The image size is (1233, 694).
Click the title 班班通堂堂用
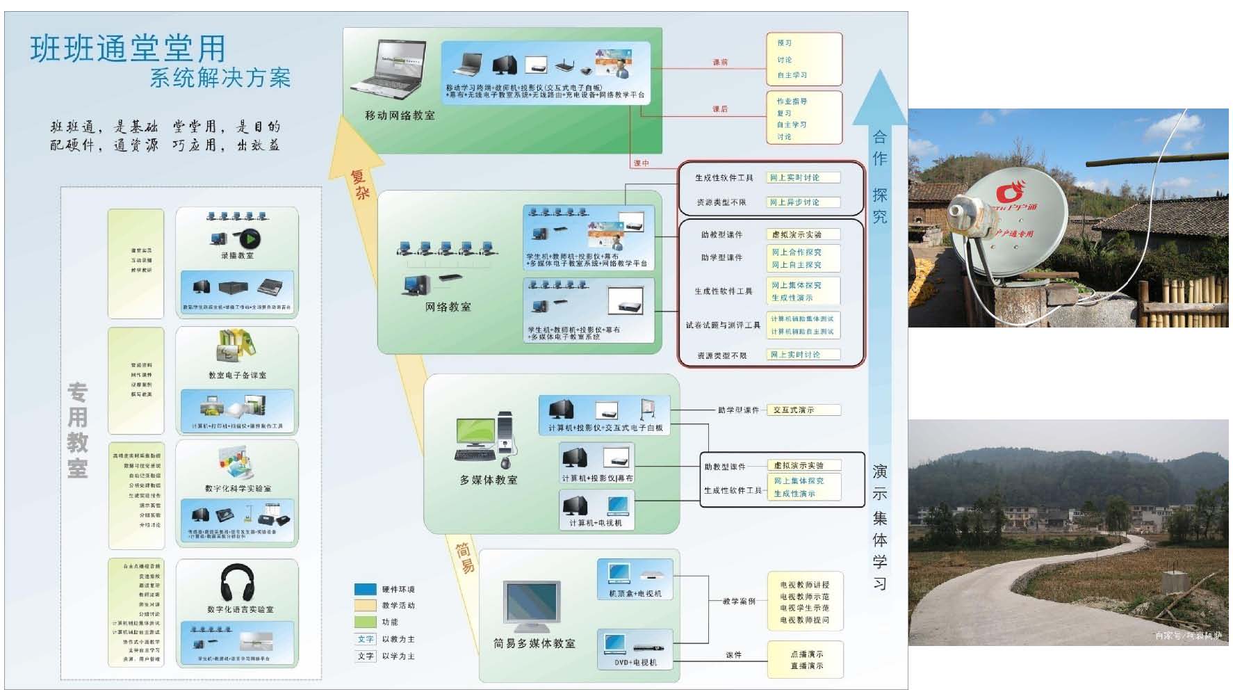tap(128, 49)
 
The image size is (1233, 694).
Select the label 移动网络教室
tap(400, 115)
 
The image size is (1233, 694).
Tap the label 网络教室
tap(448, 307)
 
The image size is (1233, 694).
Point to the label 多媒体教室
tap(488, 480)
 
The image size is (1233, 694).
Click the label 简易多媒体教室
tap(534, 644)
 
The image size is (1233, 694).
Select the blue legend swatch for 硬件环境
tap(365, 589)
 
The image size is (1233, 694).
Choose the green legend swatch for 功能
tap(365, 622)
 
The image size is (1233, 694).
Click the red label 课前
tap(720, 63)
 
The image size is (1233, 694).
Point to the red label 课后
tap(720, 109)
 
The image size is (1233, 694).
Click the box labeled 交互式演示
tap(803, 410)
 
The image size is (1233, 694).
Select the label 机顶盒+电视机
tap(635, 594)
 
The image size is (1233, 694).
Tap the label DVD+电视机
tap(635, 663)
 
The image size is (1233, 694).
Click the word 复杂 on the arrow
tap(359, 184)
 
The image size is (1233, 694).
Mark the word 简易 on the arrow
tap(464, 557)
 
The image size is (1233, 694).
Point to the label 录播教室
tap(237, 256)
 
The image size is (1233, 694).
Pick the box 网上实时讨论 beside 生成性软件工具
tap(803, 178)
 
